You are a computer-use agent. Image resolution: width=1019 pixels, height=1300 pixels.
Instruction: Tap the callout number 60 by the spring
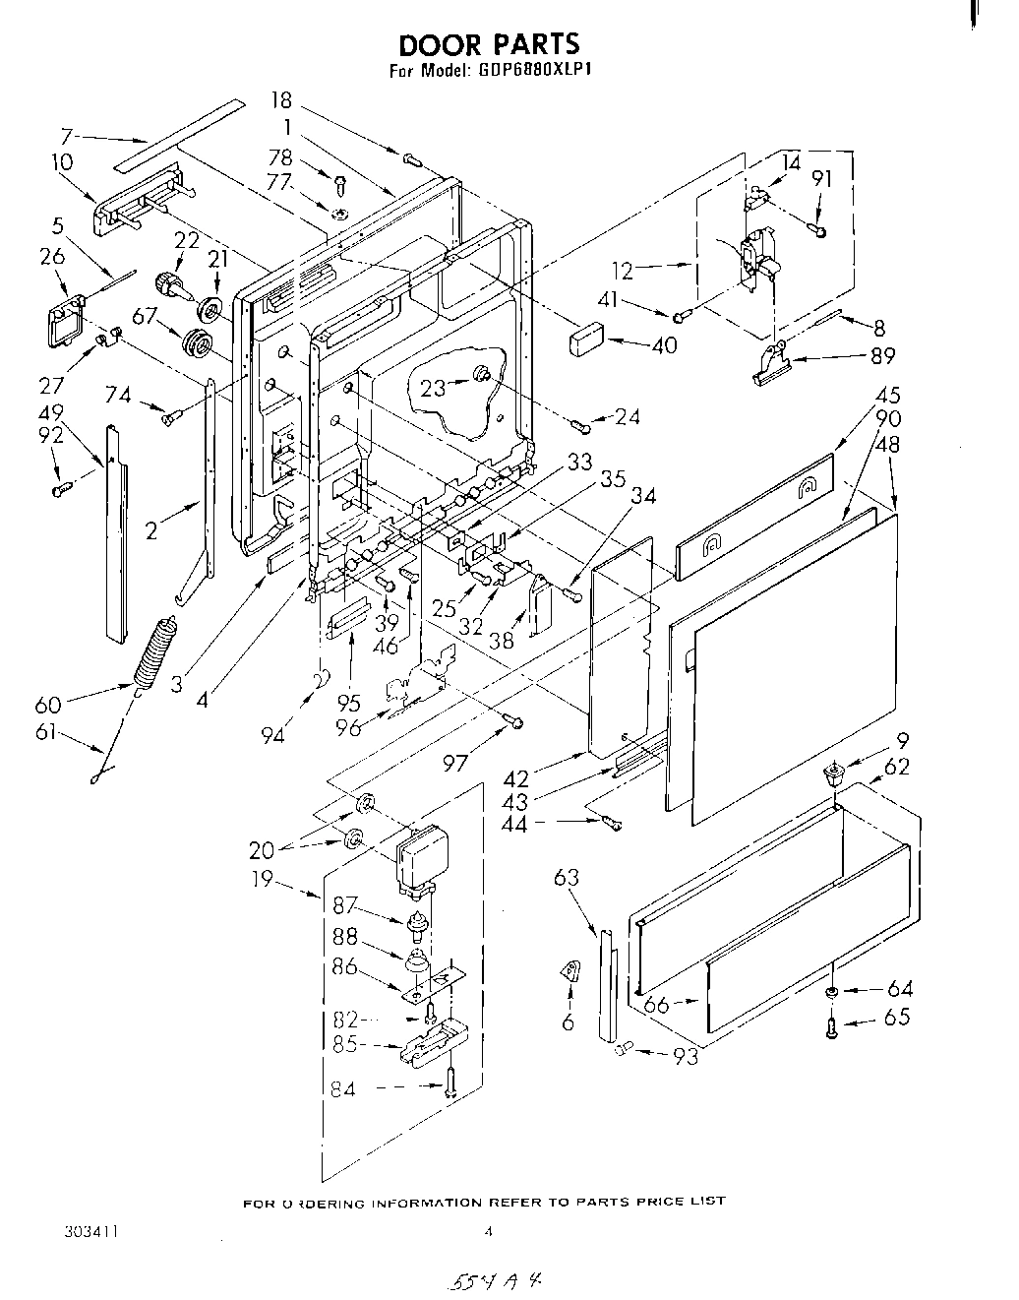coord(47,705)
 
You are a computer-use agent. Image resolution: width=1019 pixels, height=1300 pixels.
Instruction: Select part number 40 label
coord(665,345)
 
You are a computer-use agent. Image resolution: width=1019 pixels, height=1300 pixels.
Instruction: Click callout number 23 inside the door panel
coord(433,388)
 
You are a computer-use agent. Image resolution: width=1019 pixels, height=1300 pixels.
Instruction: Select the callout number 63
coord(567,878)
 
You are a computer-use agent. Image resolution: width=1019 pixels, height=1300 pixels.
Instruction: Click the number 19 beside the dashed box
coord(263,880)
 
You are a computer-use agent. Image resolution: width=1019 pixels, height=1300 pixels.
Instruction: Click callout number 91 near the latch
coord(823,179)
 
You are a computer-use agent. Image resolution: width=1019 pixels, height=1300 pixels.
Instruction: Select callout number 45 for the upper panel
coord(888,397)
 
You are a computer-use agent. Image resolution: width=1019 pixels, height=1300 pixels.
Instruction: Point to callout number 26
coord(53,258)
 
